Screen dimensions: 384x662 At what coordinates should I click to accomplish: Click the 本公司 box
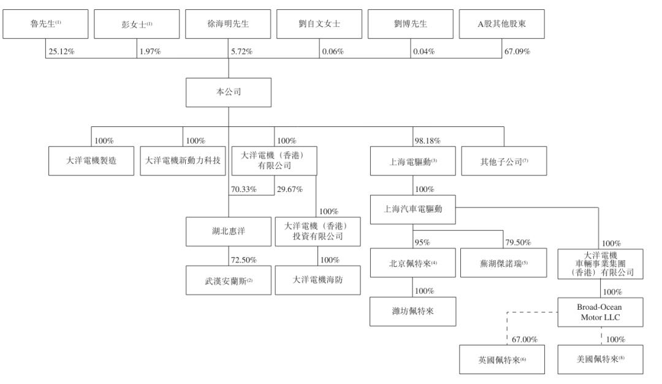pyautogui.click(x=228, y=91)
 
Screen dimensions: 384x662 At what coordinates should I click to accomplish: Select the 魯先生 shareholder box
pyautogui.click(x=45, y=25)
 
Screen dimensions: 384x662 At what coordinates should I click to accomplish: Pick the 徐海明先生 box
pyautogui.click(x=228, y=25)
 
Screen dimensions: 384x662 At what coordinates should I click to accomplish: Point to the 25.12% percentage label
pyautogui.click(x=62, y=52)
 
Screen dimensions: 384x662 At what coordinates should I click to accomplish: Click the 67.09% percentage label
pyautogui.click(x=518, y=52)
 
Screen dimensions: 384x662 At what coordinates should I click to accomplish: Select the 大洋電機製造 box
pyautogui.click(x=91, y=160)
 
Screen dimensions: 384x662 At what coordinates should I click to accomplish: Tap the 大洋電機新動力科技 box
pyautogui.click(x=183, y=160)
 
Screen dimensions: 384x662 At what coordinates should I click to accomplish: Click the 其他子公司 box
pyautogui.click(x=504, y=160)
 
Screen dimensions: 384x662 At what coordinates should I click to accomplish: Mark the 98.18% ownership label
pyautogui.click(x=427, y=141)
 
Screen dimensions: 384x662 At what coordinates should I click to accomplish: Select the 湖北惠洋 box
pyautogui.click(x=228, y=231)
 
